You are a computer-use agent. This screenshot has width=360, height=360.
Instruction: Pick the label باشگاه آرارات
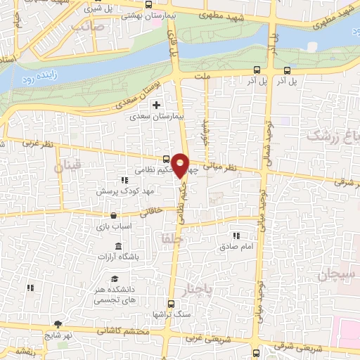(117, 258)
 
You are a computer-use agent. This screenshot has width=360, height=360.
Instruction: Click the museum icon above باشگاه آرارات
(117, 247)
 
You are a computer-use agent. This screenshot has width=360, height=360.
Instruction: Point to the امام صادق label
(236, 247)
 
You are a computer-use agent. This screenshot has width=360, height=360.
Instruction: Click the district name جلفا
(171, 239)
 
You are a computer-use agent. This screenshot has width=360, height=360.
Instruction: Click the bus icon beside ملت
(257, 70)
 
